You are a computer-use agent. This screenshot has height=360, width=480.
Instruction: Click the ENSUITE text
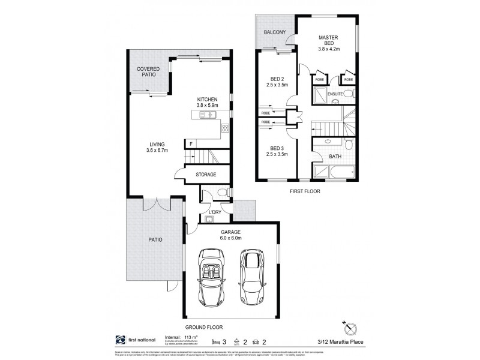tap(335, 94)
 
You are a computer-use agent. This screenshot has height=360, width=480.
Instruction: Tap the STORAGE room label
tap(205, 175)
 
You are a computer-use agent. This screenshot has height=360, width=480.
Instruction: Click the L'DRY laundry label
tap(215, 212)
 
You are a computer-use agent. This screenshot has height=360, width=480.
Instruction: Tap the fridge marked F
tap(190, 143)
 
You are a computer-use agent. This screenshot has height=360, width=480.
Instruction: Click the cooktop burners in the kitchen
tap(225, 127)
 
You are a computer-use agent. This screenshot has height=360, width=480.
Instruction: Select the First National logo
tap(118, 340)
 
